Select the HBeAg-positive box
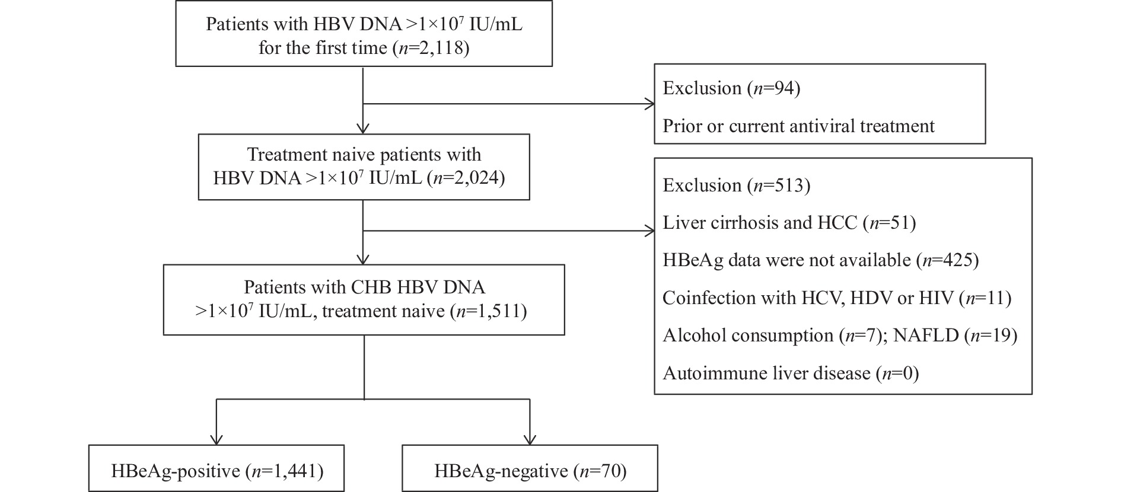pyautogui.click(x=216, y=468)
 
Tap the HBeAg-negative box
pyautogui.click(x=530, y=468)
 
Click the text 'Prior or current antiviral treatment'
pyautogui.click(x=798, y=126)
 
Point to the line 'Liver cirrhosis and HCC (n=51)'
pyautogui.click(x=789, y=222)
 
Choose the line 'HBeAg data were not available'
pyautogui.click(x=786, y=260)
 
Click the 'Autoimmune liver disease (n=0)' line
pyautogui.click(x=791, y=373)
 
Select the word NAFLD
pyautogui.click(x=926, y=335)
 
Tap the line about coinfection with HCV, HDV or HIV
pyautogui.click(x=837, y=298)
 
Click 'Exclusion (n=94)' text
pyautogui.click(x=731, y=88)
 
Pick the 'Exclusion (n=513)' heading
pyautogui.click(x=736, y=185)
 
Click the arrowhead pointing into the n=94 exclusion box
pyautogui.click(x=650, y=104)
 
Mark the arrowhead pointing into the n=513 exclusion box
pyautogui.click(x=650, y=231)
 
